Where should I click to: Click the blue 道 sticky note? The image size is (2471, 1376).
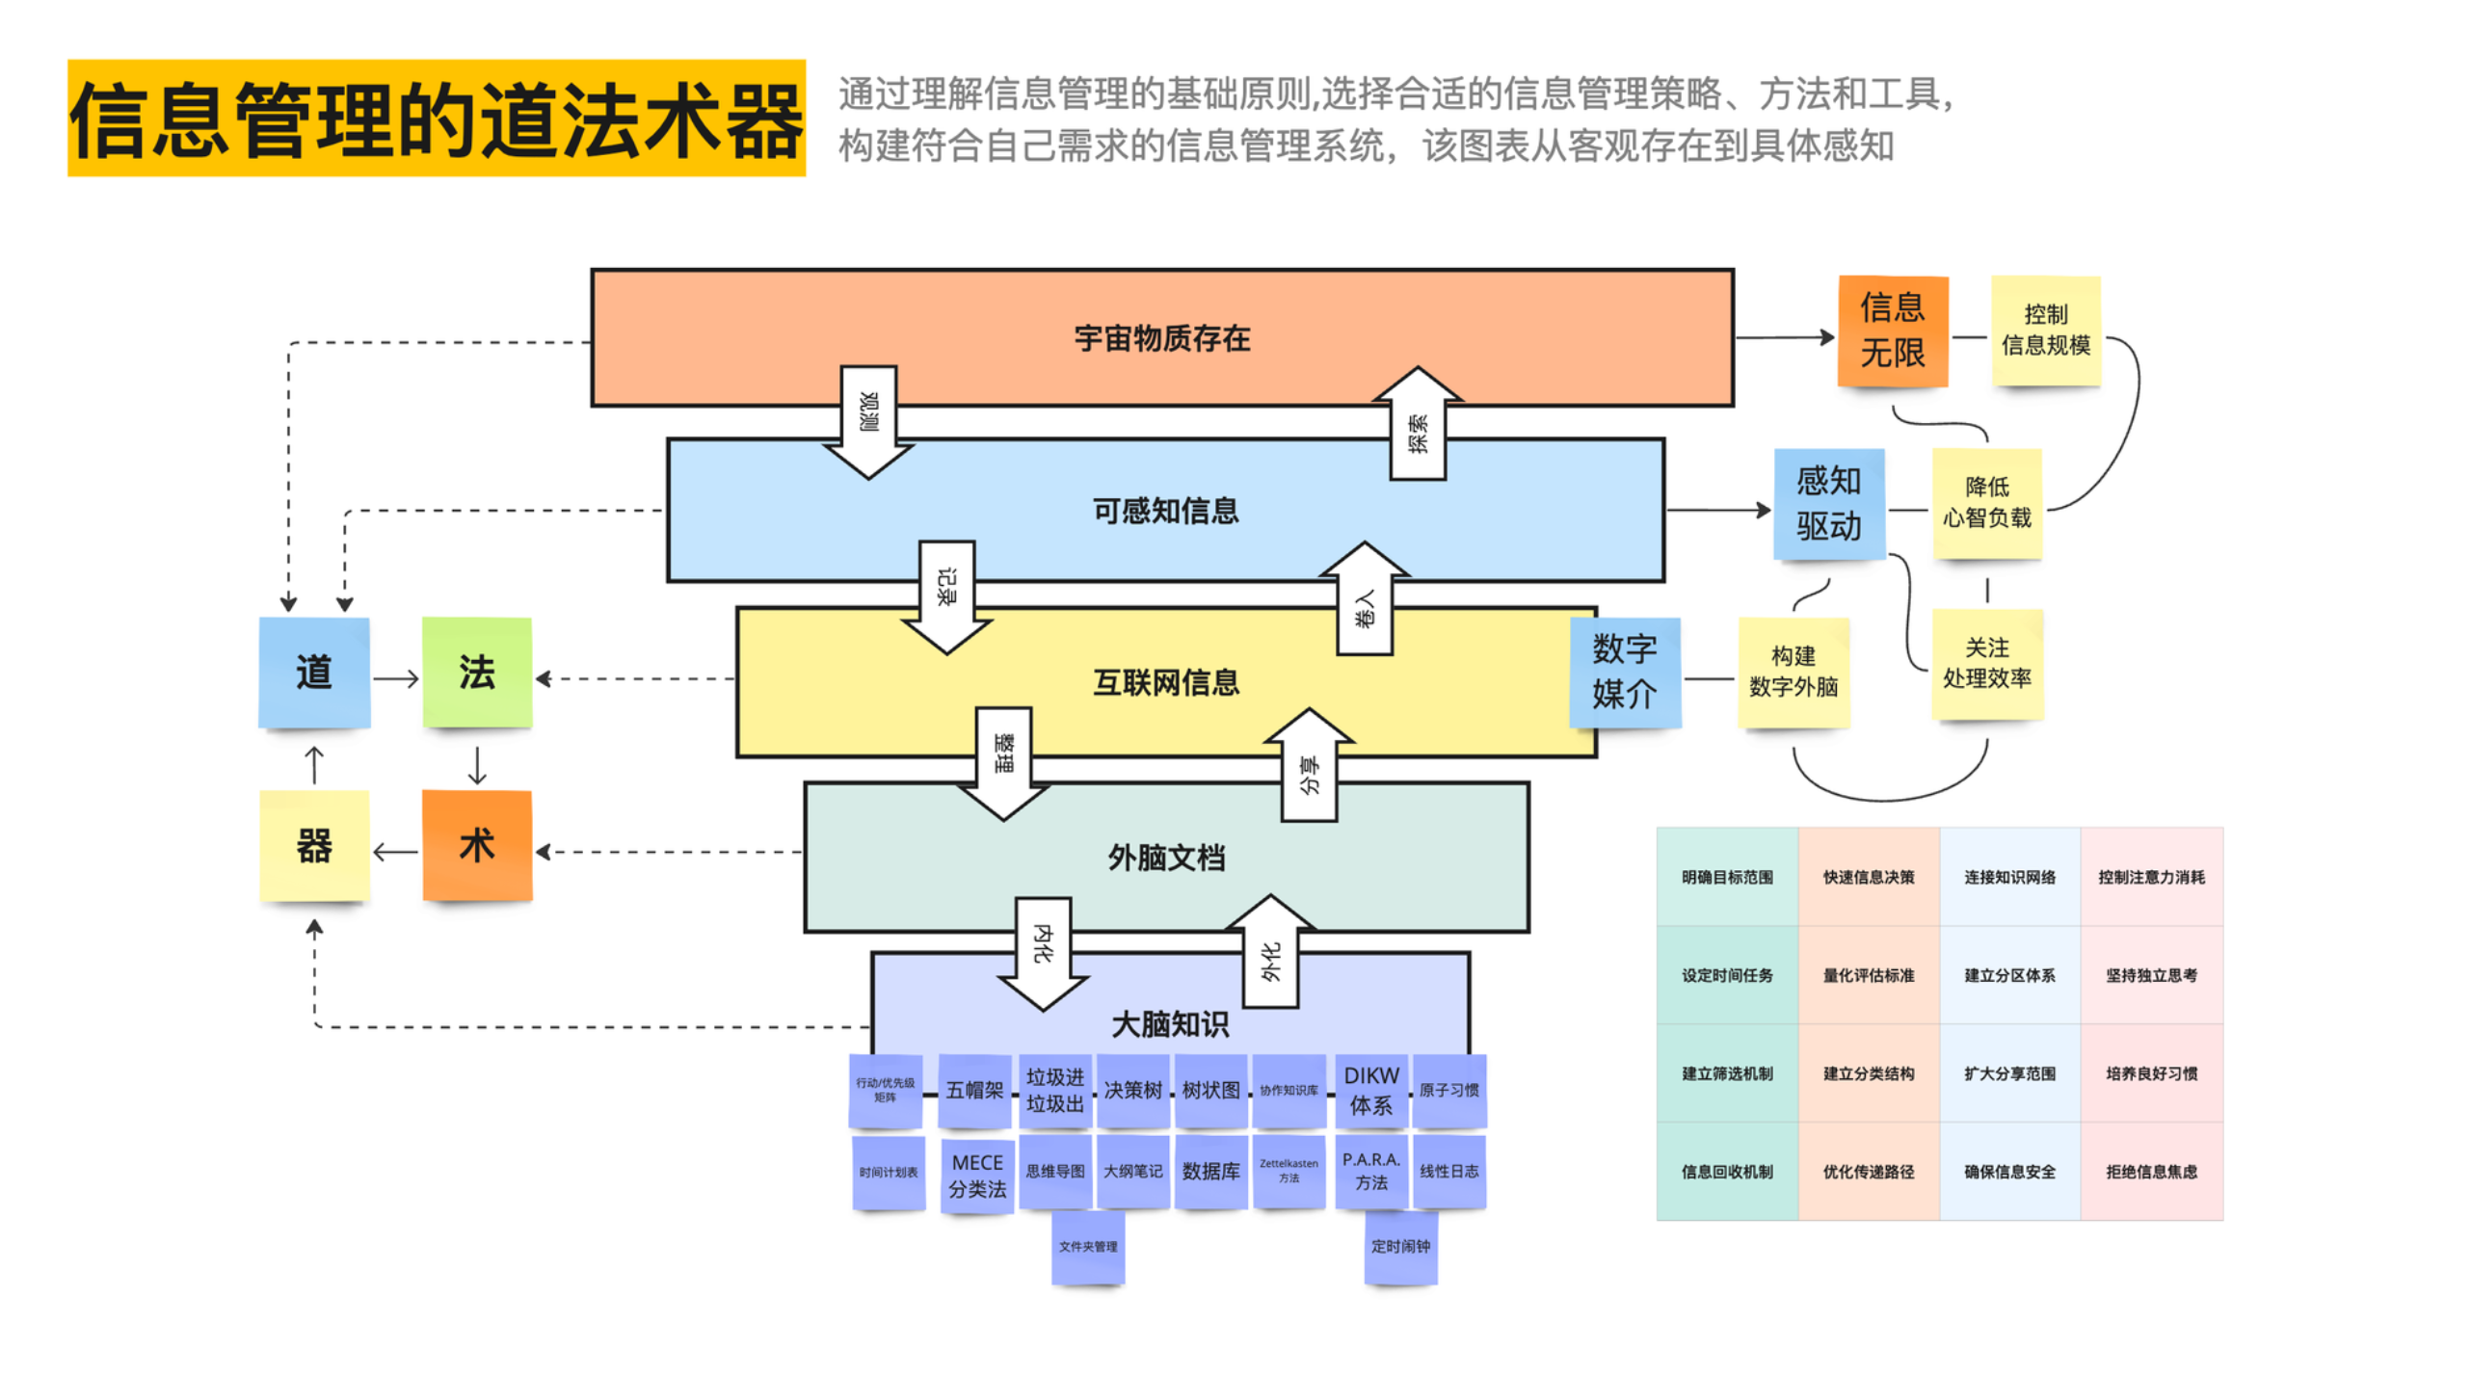point(314,673)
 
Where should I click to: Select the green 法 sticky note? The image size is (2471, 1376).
point(477,673)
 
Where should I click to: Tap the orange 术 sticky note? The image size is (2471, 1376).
point(477,845)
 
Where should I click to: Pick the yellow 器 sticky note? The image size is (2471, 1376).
point(314,845)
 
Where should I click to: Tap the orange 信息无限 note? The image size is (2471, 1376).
point(1892,331)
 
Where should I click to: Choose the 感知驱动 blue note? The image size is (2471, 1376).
point(1828,503)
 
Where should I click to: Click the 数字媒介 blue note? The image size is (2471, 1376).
point(1624,672)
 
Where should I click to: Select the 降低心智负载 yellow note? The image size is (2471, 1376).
point(1986,503)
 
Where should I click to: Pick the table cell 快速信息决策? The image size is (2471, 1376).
point(1868,877)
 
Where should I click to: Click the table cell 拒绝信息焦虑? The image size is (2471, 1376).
point(2151,1172)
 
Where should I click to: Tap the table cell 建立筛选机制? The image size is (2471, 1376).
point(1727,1073)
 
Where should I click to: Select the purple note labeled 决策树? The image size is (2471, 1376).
point(1133,1090)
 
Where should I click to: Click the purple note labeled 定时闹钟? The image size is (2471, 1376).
point(1400,1247)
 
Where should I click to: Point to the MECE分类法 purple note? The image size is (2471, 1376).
point(976,1176)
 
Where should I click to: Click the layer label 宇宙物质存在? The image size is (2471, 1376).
point(1161,338)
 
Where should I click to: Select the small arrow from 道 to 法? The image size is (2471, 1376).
point(396,678)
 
